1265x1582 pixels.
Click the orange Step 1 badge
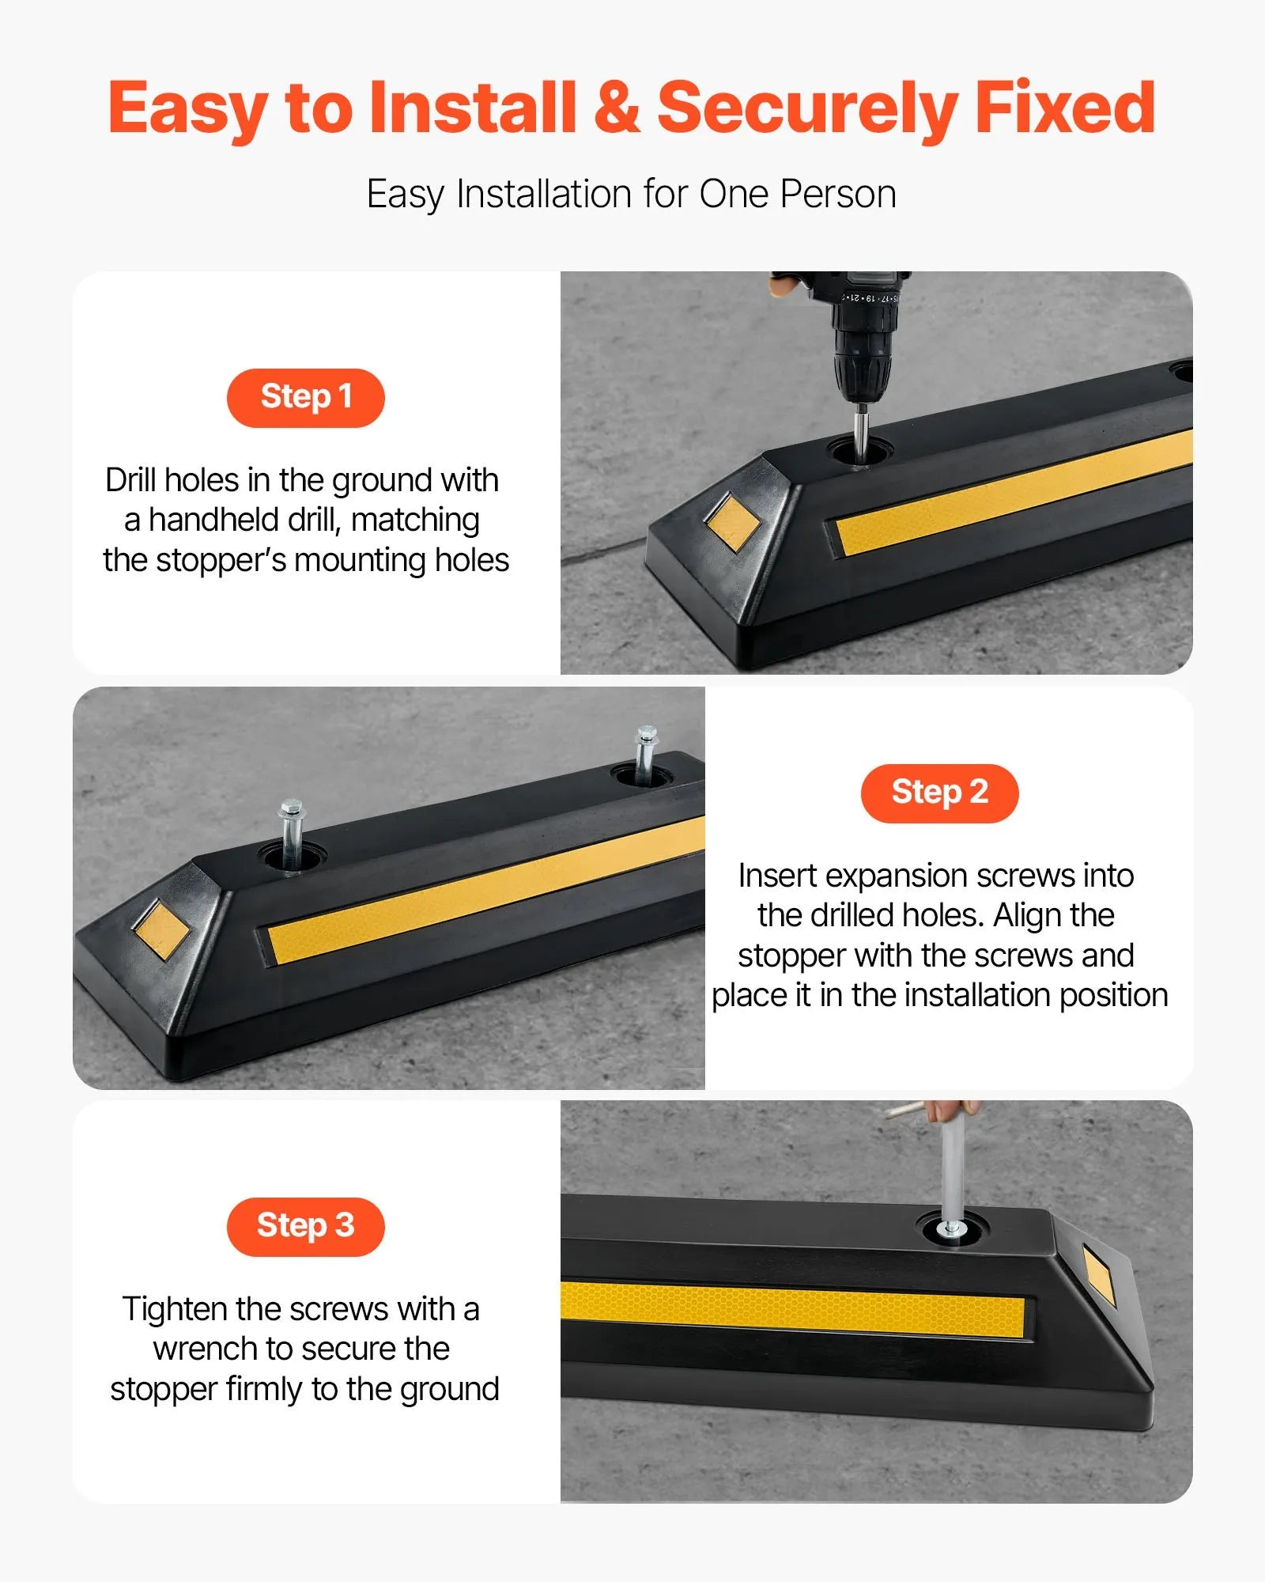coord(305,397)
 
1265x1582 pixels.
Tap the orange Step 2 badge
coord(939,793)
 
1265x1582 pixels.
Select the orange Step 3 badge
coord(305,1226)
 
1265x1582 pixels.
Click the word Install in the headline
coord(472,108)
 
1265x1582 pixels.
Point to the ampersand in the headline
coord(617,108)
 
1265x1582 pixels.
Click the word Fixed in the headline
coord(1064,108)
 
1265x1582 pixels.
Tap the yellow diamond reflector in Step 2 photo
coord(162,930)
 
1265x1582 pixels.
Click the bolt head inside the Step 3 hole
coord(950,1228)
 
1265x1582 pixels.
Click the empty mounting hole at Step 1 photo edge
coord(1183,369)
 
